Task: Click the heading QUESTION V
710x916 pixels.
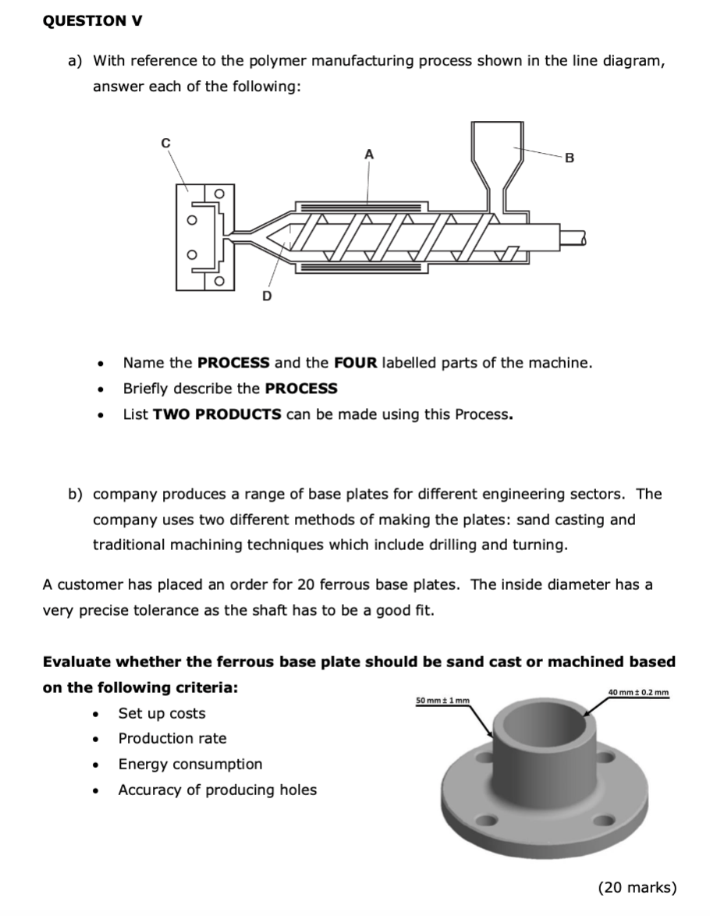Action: tap(92, 21)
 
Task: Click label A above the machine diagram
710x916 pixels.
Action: tap(369, 155)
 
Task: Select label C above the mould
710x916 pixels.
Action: tap(165, 142)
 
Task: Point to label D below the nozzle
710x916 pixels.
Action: tap(267, 296)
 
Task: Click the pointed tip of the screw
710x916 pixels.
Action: tap(273, 232)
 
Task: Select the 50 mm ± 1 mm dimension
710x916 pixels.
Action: tap(442, 699)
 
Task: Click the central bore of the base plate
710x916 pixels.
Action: tap(543, 730)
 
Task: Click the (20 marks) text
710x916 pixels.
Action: tap(637, 887)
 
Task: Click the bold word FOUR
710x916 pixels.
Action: tap(356, 363)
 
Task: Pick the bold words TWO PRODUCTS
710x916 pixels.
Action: tap(218, 414)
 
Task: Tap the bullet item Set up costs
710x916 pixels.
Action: tap(162, 713)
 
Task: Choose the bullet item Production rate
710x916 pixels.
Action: tap(172, 738)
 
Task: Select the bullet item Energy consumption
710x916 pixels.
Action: tap(190, 764)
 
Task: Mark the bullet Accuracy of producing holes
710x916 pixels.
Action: tap(217, 790)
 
